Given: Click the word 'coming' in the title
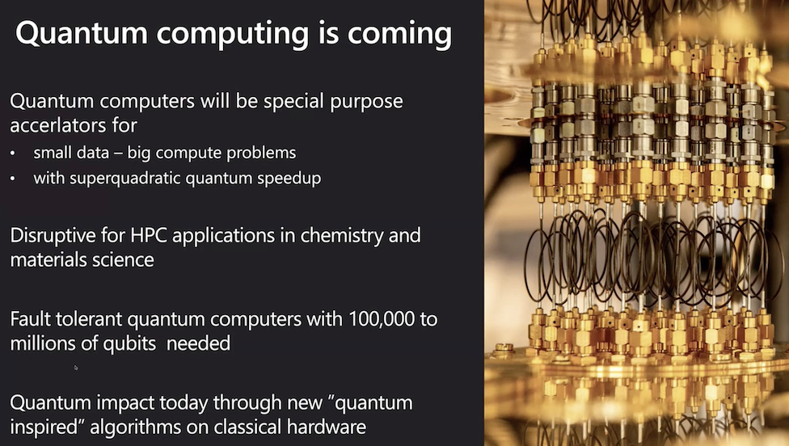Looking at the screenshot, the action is point(399,34).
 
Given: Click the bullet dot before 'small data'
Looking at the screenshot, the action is point(13,154).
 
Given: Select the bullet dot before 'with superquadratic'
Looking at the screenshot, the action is point(13,179).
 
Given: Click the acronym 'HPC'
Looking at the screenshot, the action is point(149,235).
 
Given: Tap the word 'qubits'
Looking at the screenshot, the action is point(130,344).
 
